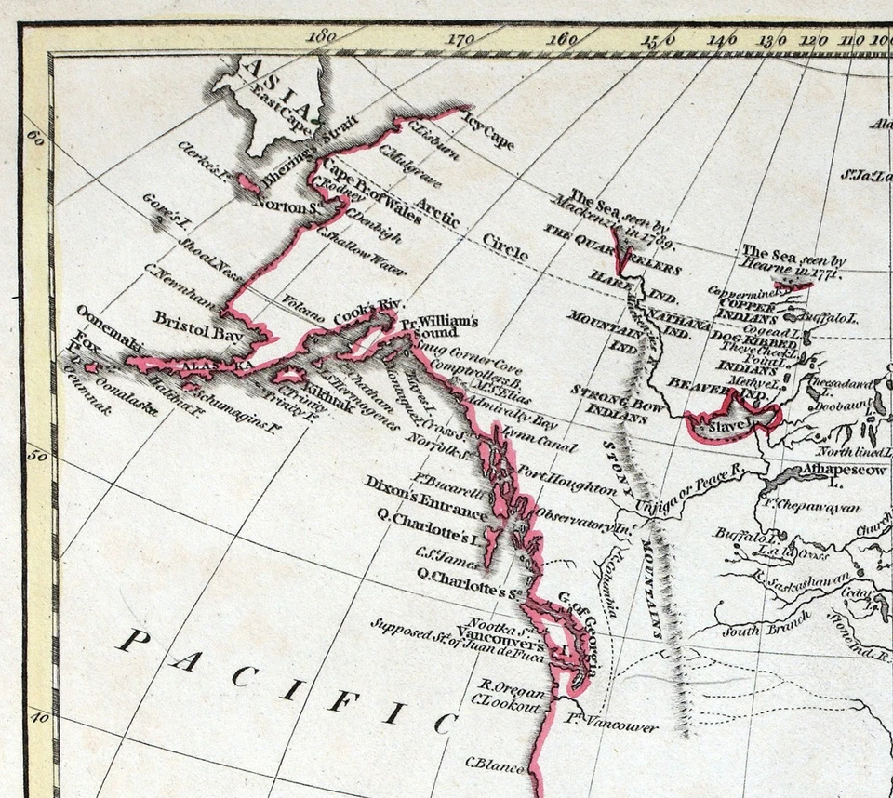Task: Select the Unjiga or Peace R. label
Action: [686, 492]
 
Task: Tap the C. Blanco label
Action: [495, 765]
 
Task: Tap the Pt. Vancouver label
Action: [610, 726]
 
